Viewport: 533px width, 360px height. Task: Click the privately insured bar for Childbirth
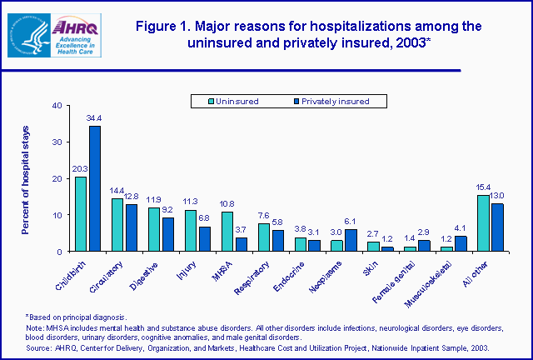(x=95, y=188)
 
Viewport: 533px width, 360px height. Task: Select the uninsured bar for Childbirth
(x=81, y=214)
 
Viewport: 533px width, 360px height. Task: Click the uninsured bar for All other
(x=482, y=223)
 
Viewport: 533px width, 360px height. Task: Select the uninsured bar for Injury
(x=191, y=231)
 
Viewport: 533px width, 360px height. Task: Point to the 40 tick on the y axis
(x=57, y=105)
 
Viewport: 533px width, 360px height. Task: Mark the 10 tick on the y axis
(x=57, y=215)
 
